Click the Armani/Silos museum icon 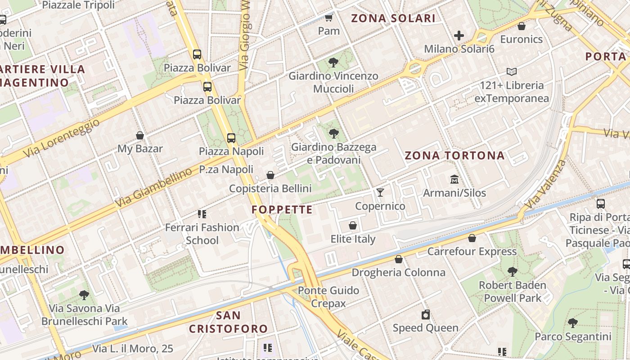point(454,180)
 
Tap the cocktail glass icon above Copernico point(380,193)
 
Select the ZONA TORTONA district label point(454,156)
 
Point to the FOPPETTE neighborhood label point(282,210)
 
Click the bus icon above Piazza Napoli point(231,138)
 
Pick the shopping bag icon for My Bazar point(140,135)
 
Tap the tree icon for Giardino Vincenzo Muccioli point(333,63)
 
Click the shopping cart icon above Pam point(329,18)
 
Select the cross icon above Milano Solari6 point(459,35)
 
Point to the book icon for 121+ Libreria point(512,72)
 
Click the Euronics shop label point(522,39)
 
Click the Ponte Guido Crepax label point(328,297)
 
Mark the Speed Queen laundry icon point(426,315)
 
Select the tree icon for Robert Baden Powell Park point(512,271)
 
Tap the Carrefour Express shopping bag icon point(472,238)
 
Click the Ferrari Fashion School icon point(202,214)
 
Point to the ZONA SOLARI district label point(393,18)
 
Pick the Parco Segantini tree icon point(573,323)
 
